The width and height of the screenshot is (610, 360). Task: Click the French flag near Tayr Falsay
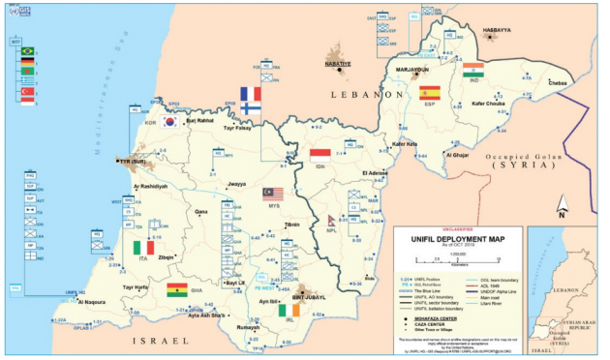click(x=250, y=96)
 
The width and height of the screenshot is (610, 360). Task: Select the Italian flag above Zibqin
click(x=142, y=248)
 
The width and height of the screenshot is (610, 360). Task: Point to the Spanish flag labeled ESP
click(x=430, y=93)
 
